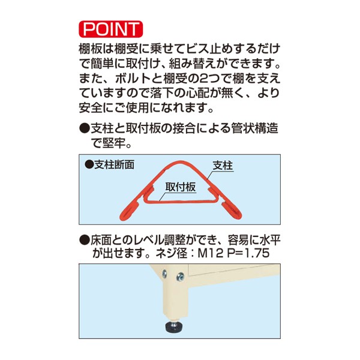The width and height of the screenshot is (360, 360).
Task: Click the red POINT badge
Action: [x=110, y=29]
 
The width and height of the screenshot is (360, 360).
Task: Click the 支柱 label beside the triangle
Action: [x=223, y=164]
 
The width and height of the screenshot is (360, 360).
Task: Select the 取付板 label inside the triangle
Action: [x=181, y=187]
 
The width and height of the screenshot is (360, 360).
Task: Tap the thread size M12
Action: [x=212, y=254]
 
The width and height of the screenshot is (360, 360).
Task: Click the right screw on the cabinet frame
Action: [x=179, y=277]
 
